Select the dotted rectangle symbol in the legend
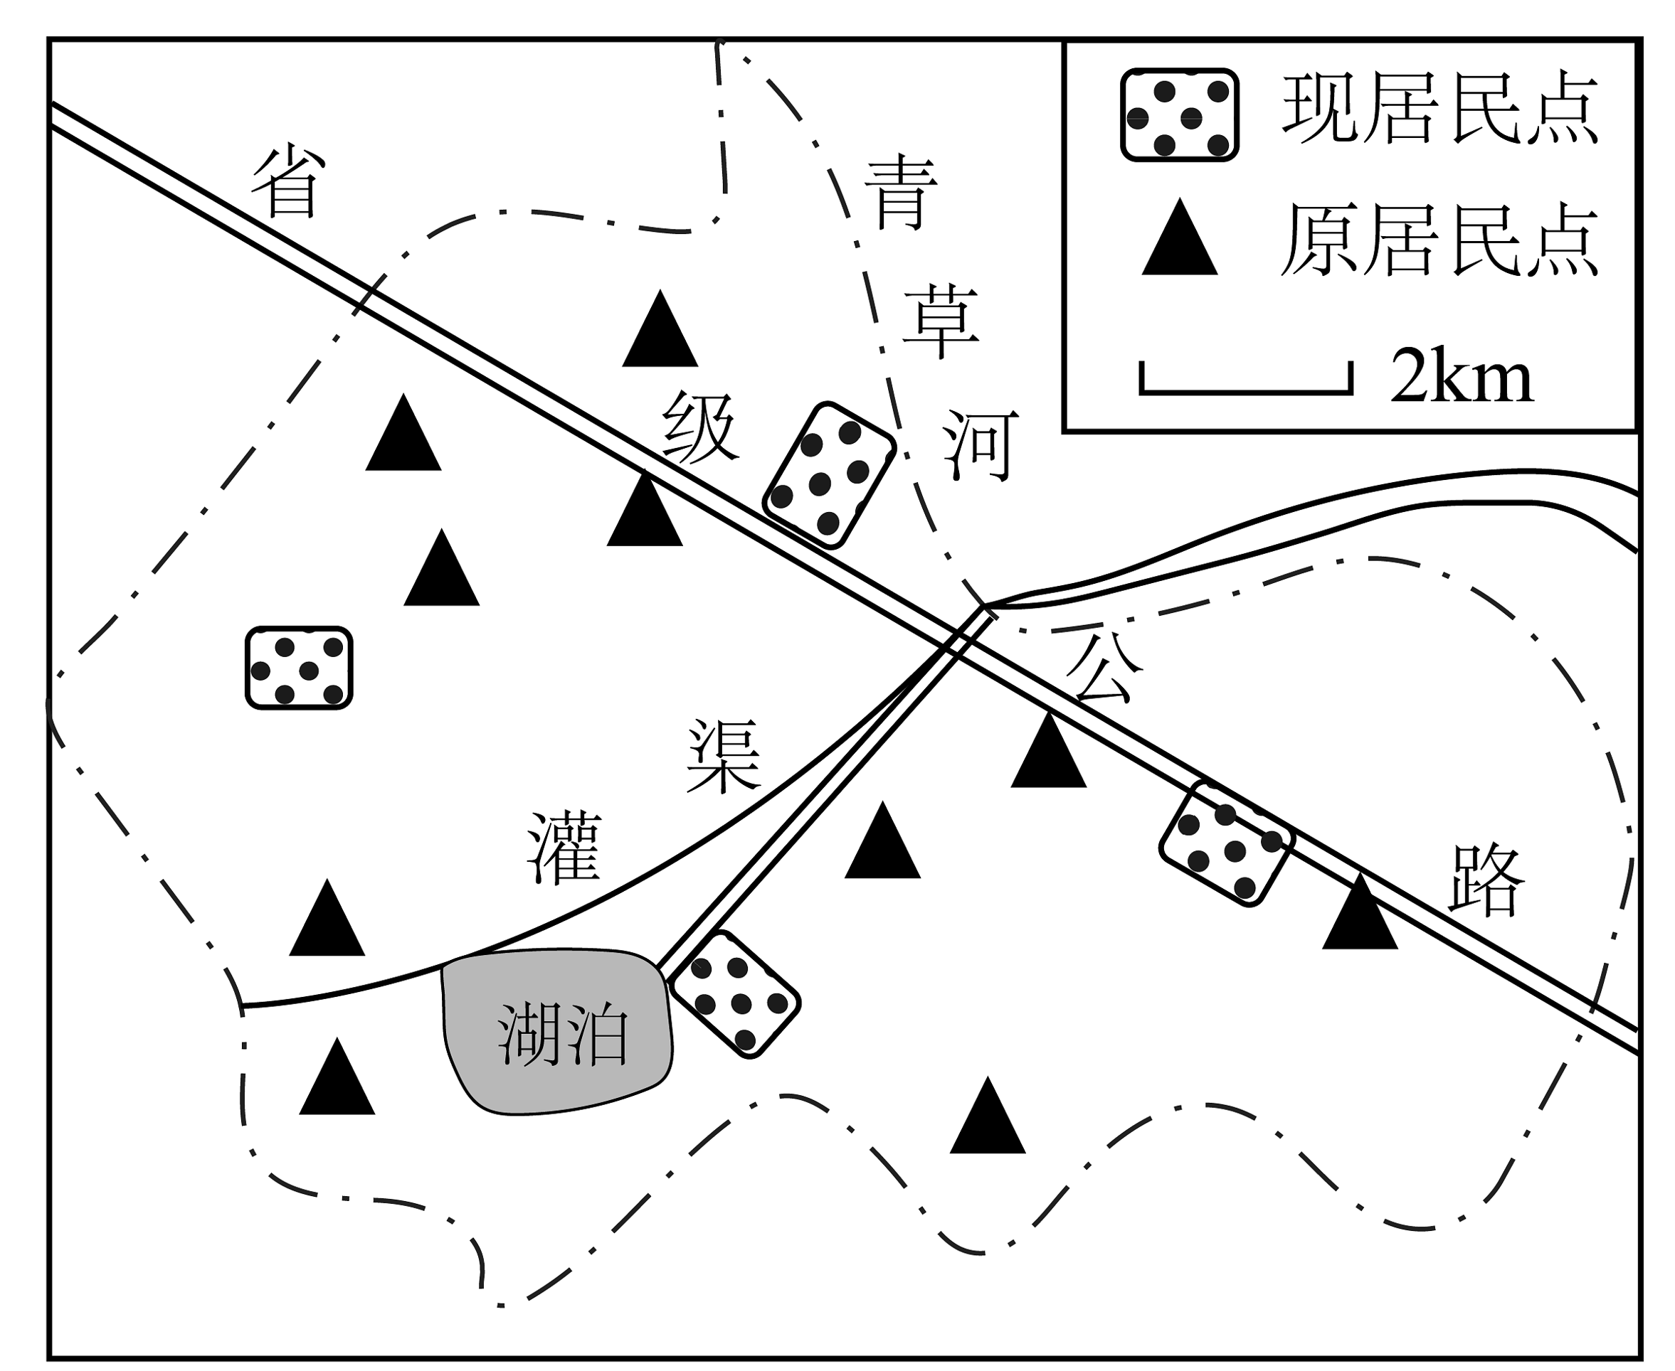(x=1180, y=115)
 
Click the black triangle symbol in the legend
(x=1180, y=238)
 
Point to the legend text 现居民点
(x=1440, y=109)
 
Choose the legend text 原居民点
(x=1440, y=240)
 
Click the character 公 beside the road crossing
(x=1104, y=667)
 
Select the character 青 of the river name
(x=901, y=192)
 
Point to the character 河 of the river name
(x=980, y=444)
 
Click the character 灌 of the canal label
(x=564, y=848)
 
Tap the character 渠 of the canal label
(x=724, y=755)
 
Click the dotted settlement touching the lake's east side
(x=735, y=993)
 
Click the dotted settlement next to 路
(x=1226, y=843)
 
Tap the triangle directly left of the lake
(x=337, y=1077)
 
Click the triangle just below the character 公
(x=1048, y=750)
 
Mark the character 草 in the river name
(x=940, y=322)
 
